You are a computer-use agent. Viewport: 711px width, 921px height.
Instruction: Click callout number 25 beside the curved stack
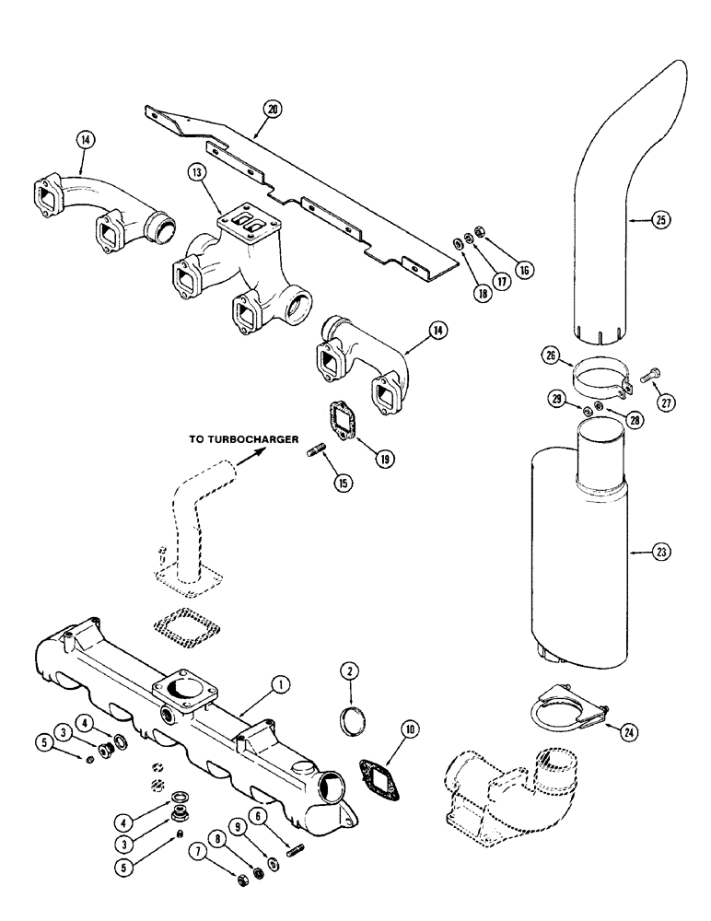659,220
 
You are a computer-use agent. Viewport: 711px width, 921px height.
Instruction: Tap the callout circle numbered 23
661,553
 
